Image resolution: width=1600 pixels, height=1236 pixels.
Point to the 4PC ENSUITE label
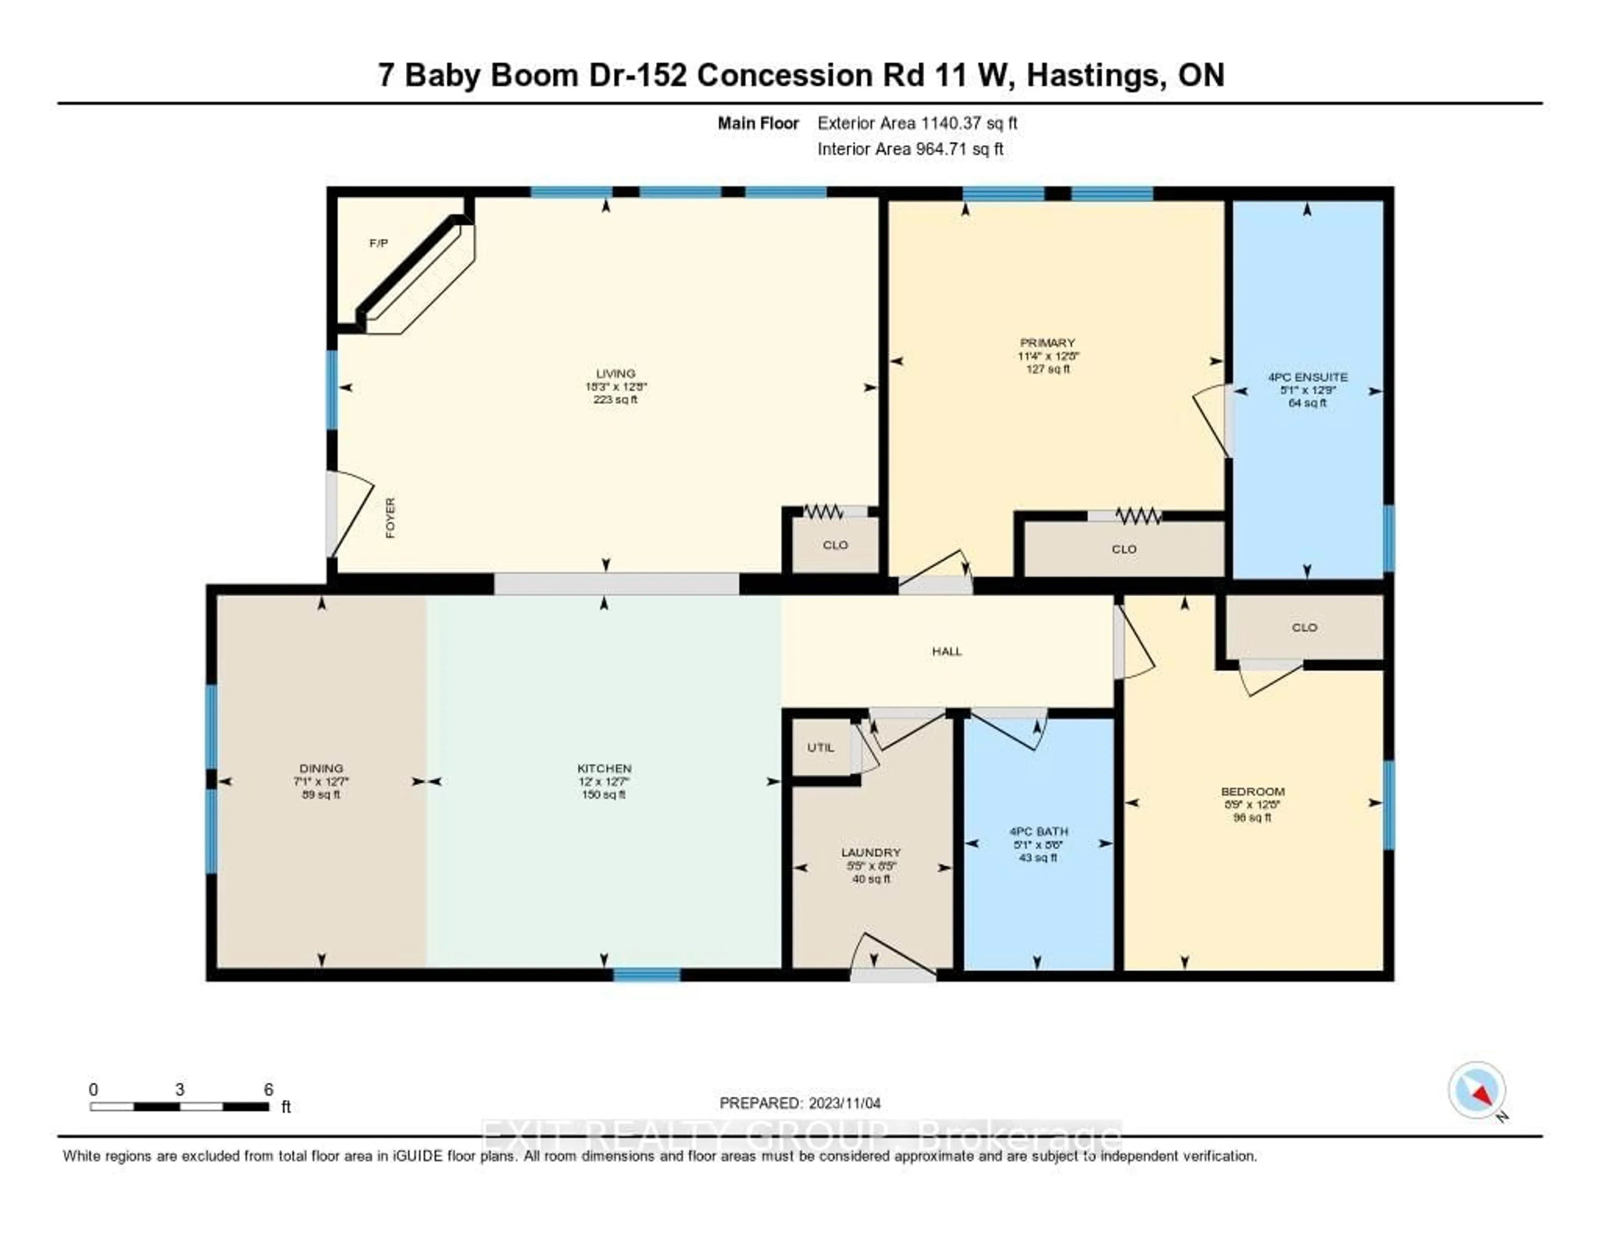coord(1307,377)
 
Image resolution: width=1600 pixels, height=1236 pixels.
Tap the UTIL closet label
coord(820,747)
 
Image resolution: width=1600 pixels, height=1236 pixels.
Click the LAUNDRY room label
coord(870,853)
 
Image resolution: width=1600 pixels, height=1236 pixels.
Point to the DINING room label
coord(321,768)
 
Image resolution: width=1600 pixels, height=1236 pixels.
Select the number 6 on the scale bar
coord(269,1089)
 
